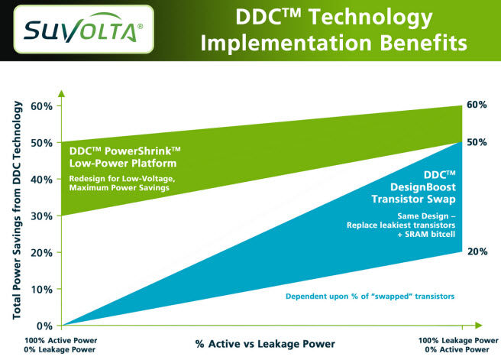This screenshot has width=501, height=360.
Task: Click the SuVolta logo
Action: pyautogui.click(x=84, y=29)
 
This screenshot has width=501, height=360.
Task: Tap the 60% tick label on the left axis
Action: pyautogui.click(x=41, y=106)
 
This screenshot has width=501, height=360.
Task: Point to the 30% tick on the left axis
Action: pyautogui.click(x=60, y=216)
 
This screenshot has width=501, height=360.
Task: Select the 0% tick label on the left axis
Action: pyautogui.click(x=44, y=326)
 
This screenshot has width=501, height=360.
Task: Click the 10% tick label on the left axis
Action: pyautogui.click(x=41, y=290)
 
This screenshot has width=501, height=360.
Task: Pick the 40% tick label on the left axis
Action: pyautogui.click(x=41, y=180)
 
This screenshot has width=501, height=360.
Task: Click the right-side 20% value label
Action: pyautogui.click(x=477, y=251)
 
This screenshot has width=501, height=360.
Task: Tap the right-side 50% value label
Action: pyautogui.click(x=477, y=142)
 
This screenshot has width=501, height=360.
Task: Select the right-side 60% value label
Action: pyautogui.click(x=477, y=105)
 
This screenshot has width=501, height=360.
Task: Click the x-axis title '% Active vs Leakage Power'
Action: pyautogui.click(x=265, y=344)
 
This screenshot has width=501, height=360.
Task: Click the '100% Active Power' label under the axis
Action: pyautogui.click(x=60, y=340)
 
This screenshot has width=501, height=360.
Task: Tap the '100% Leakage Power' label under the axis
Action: pyautogui.click(x=458, y=340)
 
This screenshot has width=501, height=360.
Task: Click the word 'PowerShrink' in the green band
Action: pyautogui.click(x=138, y=151)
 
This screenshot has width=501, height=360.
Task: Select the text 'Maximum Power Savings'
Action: pyautogui.click(x=119, y=188)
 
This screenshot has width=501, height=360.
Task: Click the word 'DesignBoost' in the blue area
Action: pyautogui.click(x=423, y=187)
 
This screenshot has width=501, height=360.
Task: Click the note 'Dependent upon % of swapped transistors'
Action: pyautogui.click(x=370, y=297)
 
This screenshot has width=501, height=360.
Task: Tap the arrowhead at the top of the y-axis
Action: pyautogui.click(x=62, y=93)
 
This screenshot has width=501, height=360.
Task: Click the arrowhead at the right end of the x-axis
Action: pyautogui.click(x=479, y=326)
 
